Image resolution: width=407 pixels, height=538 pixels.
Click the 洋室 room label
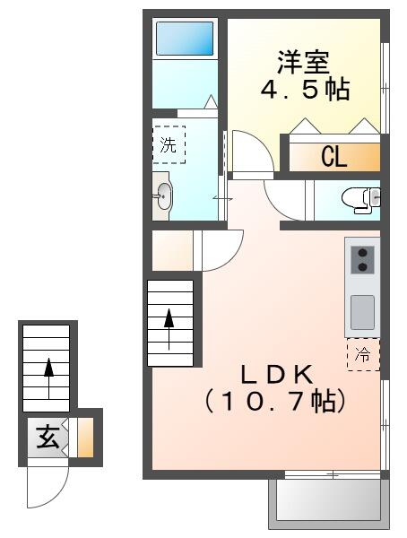(x=304, y=62)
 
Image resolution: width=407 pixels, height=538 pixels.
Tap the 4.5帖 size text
(x=304, y=90)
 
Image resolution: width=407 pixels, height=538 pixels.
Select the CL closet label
(x=333, y=158)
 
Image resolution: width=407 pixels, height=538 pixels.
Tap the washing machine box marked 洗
(x=169, y=145)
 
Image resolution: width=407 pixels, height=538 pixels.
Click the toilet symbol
(x=362, y=199)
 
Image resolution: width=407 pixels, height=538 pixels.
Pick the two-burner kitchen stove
(x=362, y=259)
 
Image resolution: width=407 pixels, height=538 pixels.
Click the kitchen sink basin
(x=362, y=311)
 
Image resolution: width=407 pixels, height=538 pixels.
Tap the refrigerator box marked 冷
(x=363, y=354)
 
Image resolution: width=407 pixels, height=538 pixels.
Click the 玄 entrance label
(x=48, y=438)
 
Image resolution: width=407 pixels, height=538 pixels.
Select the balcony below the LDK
(x=329, y=499)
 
